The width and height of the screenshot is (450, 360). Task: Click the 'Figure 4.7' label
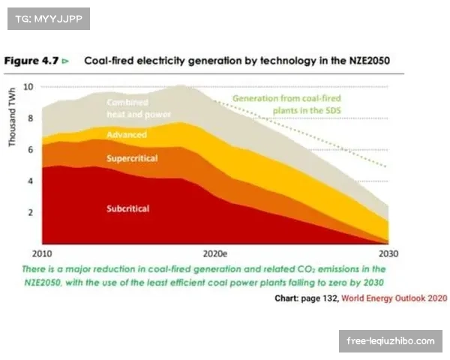(31, 61)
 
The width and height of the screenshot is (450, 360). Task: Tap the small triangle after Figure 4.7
(66, 61)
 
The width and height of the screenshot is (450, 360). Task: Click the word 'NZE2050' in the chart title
(365, 61)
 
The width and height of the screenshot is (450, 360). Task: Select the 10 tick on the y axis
(28, 86)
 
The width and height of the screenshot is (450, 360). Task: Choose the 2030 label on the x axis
(388, 253)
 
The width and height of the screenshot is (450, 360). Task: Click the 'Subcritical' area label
(128, 208)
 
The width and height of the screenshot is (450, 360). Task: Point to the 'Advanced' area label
(127, 135)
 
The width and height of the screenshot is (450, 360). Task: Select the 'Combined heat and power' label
(138, 108)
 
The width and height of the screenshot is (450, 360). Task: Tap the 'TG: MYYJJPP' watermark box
(48, 18)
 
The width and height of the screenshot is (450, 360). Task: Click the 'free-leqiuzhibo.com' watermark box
(390, 341)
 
